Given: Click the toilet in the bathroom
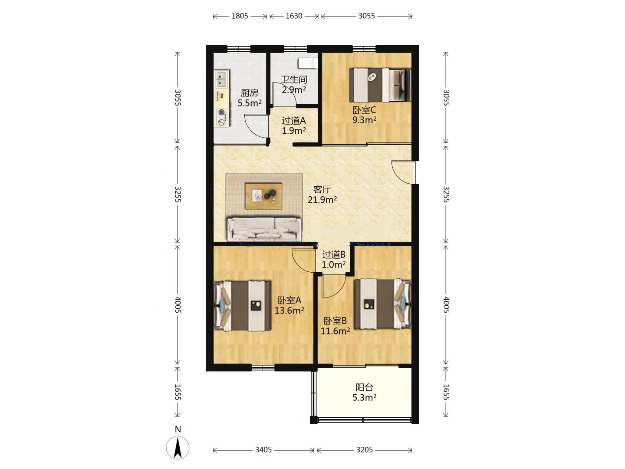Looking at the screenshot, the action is tap(308, 63).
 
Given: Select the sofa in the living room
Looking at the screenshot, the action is tap(264, 228).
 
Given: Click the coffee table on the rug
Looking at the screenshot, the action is tap(263, 196).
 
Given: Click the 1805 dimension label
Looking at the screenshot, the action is tap(240, 16).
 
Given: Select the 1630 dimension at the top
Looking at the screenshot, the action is tap(294, 16).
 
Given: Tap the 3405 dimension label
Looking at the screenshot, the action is tap(263, 449).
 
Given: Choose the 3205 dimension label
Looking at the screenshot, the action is tap(365, 449).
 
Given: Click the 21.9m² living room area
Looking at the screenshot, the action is tap(322, 200).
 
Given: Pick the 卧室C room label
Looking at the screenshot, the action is tap(365, 109).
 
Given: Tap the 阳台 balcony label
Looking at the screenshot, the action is tap(365, 387).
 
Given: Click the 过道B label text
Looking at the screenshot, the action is tap(334, 254).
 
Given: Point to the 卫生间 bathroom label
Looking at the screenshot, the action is tap(294, 79).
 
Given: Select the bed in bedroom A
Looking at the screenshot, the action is tap(242, 306).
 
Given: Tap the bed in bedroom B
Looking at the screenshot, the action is tap(383, 304).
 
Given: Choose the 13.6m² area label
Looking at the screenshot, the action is tap(289, 310).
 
